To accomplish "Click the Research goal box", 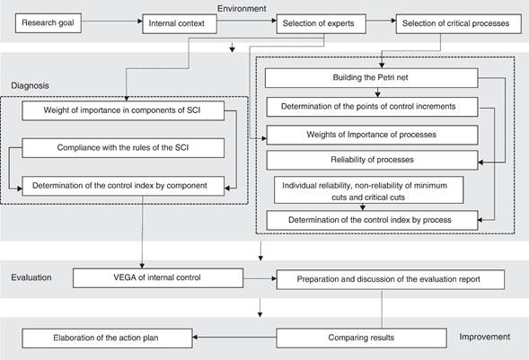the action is pyautogui.click(x=48, y=23).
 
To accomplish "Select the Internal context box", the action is pyautogui.click(x=180, y=23).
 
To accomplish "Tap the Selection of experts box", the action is pyautogui.click(x=322, y=23).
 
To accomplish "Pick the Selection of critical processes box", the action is pyautogui.click(x=458, y=23).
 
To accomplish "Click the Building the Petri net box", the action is pyautogui.click(x=372, y=78).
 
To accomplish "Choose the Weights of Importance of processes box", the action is pyautogui.click(x=372, y=135).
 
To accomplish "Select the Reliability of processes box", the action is pyautogui.click(x=372, y=160).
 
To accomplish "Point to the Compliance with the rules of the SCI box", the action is pyautogui.click(x=123, y=147).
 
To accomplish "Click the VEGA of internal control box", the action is pyautogui.click(x=158, y=277).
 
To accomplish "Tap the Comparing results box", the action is pyautogui.click(x=361, y=338).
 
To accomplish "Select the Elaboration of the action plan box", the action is pyautogui.click(x=107, y=338).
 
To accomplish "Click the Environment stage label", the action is pyautogui.click(x=242, y=8).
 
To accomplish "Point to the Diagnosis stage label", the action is pyautogui.click(x=30, y=85).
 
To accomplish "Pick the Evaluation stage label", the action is pyautogui.click(x=31, y=277).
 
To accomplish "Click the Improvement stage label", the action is pyautogui.click(x=484, y=337).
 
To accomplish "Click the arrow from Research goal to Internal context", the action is pyautogui.click(x=112, y=22).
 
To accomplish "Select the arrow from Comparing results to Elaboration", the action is pyautogui.click(x=234, y=337).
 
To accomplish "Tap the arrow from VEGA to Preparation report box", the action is pyautogui.click(x=260, y=279).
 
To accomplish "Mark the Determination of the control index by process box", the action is pyautogui.click(x=372, y=221).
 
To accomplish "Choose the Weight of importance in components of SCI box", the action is pyautogui.click(x=123, y=110).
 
